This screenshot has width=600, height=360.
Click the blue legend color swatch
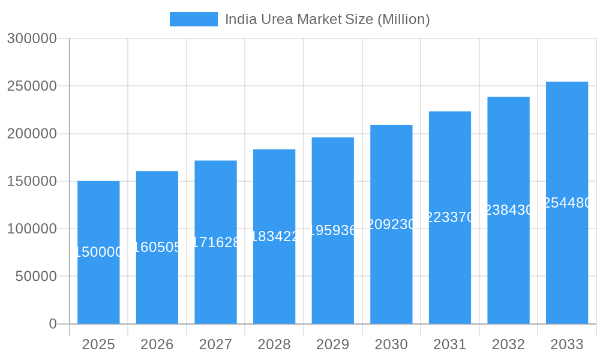(x=193, y=19)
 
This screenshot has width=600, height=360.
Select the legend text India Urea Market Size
(x=327, y=19)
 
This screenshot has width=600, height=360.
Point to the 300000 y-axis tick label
(x=32, y=38)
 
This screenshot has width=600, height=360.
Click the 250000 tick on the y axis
(x=32, y=86)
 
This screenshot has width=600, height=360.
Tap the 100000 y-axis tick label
(x=32, y=229)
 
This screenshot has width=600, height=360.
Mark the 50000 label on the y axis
(x=35, y=276)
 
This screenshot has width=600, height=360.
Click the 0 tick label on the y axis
(x=52, y=324)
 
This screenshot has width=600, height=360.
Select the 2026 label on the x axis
(x=157, y=344)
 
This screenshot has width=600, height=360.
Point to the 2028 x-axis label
(x=274, y=344)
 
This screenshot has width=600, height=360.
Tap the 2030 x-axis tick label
(x=391, y=344)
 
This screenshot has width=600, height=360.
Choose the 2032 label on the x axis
(x=508, y=344)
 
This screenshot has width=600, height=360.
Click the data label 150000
(x=98, y=252)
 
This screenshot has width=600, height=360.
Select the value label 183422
(x=274, y=236)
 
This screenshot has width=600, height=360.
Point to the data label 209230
(x=391, y=224)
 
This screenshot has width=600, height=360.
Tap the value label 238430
(x=508, y=210)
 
